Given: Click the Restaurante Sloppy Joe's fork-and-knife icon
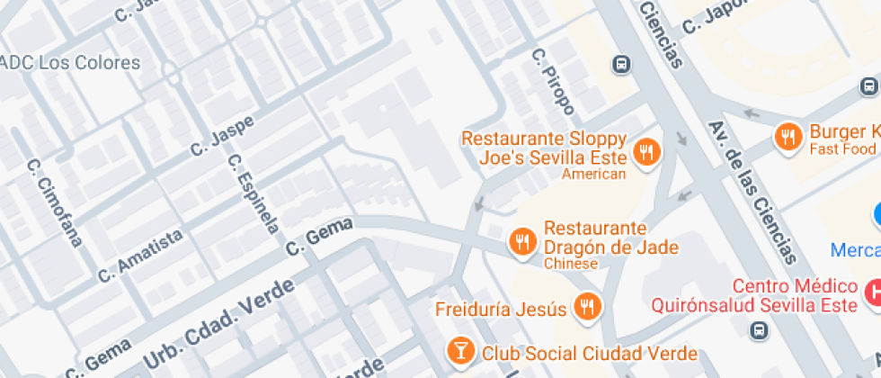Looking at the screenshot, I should pos(645,152).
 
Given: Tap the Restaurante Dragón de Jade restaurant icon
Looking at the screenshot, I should pos(522,240).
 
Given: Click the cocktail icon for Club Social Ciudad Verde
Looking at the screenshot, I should pos(460,350).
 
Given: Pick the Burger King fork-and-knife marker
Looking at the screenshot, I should pos(788,137).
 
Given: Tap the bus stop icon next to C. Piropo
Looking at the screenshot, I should pos(620,64).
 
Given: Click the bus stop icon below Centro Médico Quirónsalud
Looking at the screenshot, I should pos(760,329).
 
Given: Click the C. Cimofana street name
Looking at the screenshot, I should pos(54,203).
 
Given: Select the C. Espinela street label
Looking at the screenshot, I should pos(253,193).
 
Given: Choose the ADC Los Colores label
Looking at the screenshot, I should pos(70,63).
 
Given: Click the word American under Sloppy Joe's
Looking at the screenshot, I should pos(593,174).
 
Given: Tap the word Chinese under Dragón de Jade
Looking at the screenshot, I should pos(571,264).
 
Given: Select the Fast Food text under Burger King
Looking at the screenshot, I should pos(841,148).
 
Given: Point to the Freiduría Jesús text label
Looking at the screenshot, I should pos(502,310).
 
